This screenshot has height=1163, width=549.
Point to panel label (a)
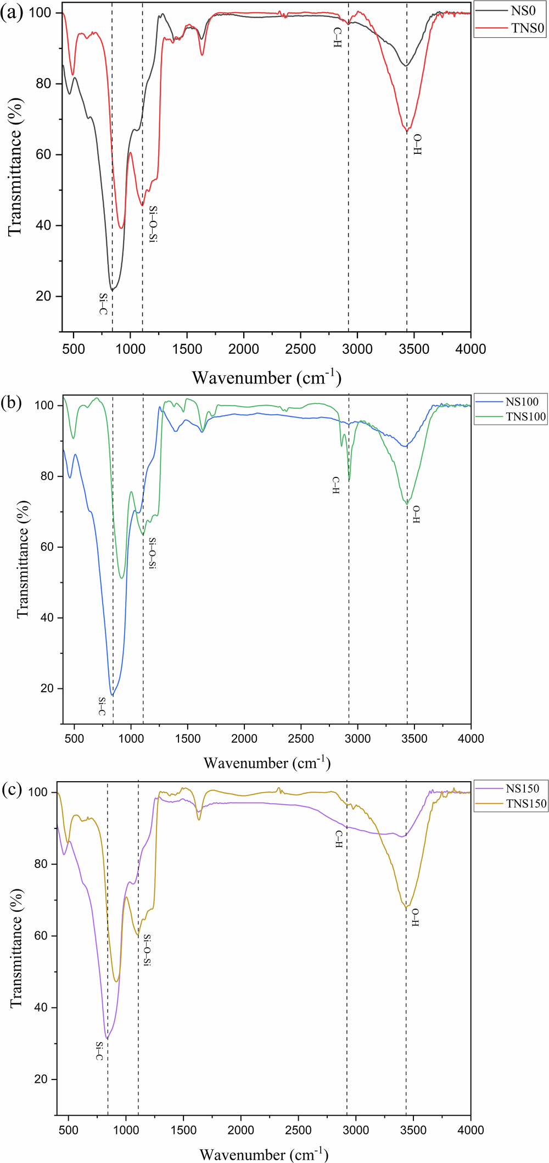click(12, 13)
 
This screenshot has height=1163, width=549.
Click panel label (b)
click(12, 403)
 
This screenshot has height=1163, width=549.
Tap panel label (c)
click(12, 789)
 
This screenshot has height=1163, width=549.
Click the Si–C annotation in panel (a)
click(103, 304)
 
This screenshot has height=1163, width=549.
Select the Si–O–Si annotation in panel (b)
click(152, 553)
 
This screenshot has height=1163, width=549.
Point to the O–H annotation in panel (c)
click(415, 917)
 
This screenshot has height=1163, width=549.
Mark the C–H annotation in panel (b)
click(336, 486)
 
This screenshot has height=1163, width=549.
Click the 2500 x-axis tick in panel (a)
click(300, 349)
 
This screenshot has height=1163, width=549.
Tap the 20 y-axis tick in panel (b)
click(47, 688)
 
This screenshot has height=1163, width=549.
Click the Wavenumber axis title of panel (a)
click(267, 377)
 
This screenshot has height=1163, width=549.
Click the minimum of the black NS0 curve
click(112, 290)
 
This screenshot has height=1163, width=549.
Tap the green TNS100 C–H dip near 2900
click(349, 481)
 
